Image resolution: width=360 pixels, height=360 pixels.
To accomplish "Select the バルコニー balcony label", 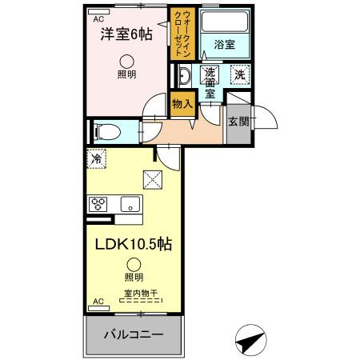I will (x=134, y=334).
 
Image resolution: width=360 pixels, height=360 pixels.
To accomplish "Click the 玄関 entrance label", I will (x=237, y=122).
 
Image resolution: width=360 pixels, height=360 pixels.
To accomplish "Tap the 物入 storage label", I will (x=183, y=102).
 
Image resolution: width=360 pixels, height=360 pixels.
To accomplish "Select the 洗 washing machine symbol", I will (x=238, y=76).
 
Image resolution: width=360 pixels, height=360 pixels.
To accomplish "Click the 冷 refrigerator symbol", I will (x=96, y=158).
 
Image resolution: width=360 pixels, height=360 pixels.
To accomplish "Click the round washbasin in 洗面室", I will (x=183, y=78).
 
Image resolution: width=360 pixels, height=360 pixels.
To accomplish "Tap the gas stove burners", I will (x=98, y=202).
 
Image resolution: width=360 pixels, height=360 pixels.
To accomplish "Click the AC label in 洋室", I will (x=98, y=18).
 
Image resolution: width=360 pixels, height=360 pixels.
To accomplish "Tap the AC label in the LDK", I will (x=98, y=302).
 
